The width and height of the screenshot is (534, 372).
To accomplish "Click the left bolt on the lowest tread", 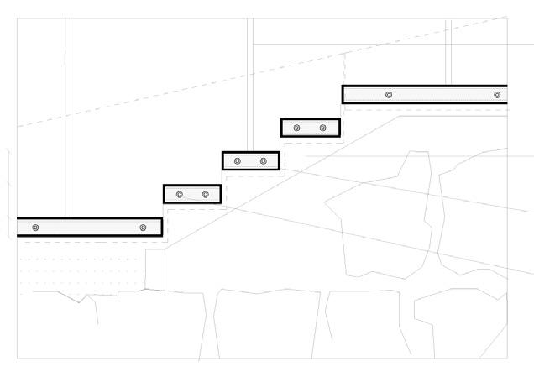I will [35, 228].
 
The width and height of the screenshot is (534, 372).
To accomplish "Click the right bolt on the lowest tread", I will [143, 228].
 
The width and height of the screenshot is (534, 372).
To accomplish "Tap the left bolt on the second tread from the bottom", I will [180, 195].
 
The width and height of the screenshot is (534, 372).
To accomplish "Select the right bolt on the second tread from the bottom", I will [205, 195].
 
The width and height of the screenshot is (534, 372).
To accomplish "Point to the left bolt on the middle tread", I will [238, 160].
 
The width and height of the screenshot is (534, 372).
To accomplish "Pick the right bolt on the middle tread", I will [263, 160].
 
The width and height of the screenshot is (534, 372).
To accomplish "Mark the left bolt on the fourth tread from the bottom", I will [296, 128].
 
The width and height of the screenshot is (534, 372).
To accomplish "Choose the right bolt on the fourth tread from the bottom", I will [322, 128].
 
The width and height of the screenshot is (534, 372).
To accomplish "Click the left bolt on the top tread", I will [389, 95].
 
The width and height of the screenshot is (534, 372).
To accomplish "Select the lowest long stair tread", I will [89, 228].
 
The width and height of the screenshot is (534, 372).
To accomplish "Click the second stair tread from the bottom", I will [192, 195].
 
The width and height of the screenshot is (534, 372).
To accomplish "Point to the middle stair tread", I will [250, 160].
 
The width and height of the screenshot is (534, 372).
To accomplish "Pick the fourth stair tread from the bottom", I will [309, 128].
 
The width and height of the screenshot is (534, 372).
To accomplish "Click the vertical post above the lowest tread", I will [69, 118].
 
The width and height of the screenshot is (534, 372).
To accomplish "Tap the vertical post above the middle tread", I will [250, 84].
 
